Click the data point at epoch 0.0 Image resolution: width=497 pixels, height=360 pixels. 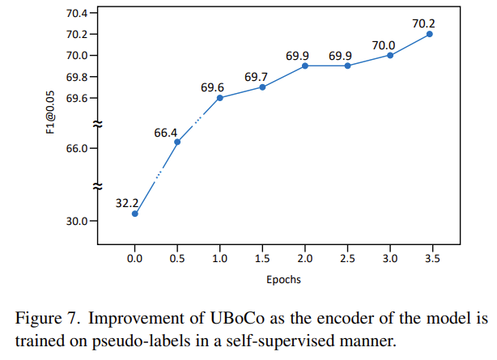coord(135,214)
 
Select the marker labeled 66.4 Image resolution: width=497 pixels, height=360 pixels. coord(177,142)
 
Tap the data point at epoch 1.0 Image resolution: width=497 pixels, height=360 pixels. coord(219,98)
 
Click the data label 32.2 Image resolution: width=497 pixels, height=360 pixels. coord(128,203)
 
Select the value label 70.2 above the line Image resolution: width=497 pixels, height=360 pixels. coord(424,23)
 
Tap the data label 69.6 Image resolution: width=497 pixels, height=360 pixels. coord(214,87)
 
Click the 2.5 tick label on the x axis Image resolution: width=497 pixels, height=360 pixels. coord(347,259)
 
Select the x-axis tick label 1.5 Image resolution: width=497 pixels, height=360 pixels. coord(262,259)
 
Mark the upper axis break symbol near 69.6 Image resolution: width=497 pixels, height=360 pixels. coord(97,124)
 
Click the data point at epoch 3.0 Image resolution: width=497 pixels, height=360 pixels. coord(389,55)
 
